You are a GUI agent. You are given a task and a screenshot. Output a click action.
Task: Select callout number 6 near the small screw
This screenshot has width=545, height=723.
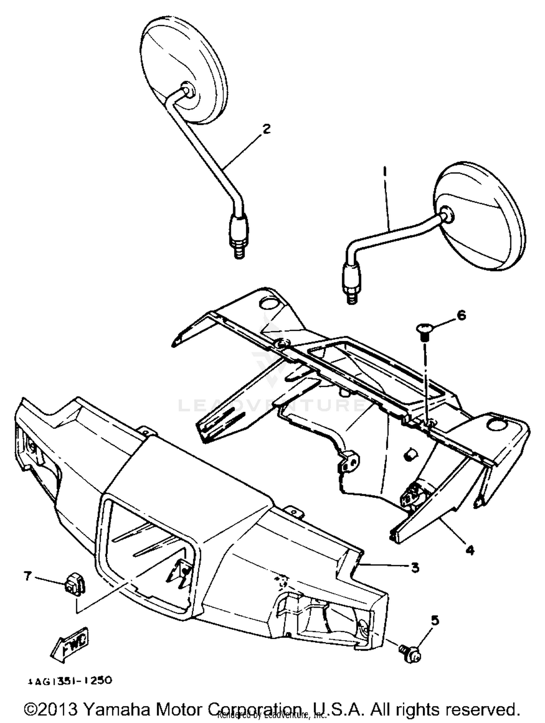[x=461, y=315]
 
